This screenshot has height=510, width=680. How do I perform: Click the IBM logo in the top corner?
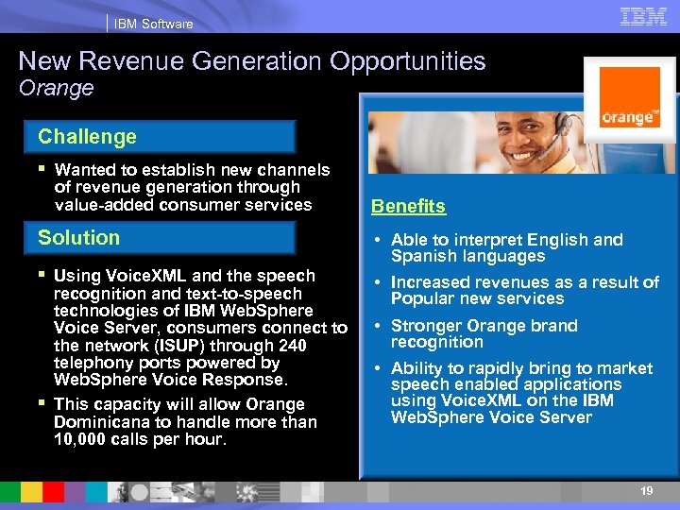[644, 16]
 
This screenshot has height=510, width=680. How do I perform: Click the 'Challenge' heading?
[87, 137]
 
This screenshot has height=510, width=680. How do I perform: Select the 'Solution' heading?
[78, 238]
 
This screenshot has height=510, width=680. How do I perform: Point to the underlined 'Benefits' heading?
[408, 207]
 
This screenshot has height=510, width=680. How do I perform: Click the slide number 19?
[646, 492]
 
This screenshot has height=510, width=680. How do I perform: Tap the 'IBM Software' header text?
[153, 24]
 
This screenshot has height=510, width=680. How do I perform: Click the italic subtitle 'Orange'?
[57, 89]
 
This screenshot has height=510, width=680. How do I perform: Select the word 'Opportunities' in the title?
[407, 62]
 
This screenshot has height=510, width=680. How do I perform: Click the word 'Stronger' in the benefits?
[426, 326]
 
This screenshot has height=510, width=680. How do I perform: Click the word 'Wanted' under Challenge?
[84, 170]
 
